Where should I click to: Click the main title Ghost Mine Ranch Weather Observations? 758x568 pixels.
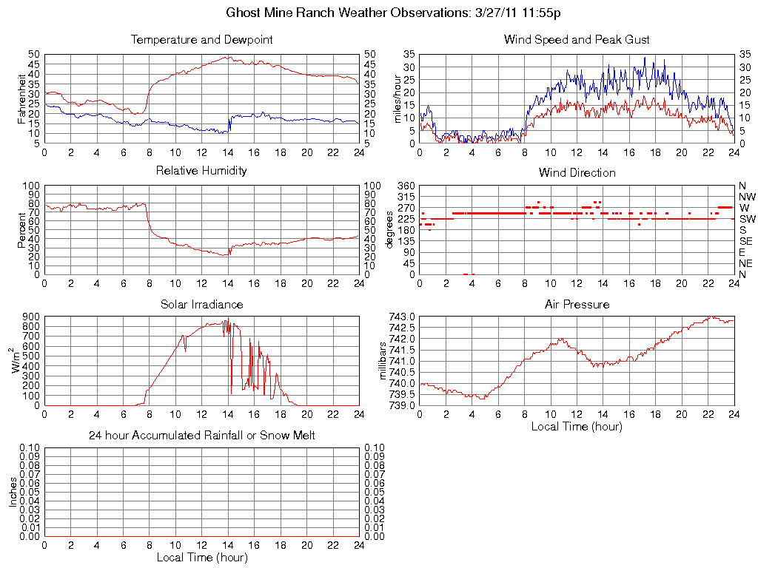[393, 13]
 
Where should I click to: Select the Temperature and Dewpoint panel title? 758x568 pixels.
[201, 39]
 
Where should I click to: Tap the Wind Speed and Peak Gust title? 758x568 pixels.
[577, 39]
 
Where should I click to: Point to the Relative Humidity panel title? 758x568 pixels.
[201, 171]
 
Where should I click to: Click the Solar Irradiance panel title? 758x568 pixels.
[201, 304]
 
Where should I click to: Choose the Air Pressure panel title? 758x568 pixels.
[577, 304]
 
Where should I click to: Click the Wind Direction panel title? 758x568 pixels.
[577, 172]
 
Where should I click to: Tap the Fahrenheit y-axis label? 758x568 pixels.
[22, 98]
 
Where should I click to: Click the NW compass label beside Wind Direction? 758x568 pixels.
[747, 197]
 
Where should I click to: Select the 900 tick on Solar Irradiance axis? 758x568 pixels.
[31, 317]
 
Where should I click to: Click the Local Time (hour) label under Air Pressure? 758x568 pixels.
[577, 426]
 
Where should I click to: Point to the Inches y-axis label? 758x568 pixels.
[13, 492]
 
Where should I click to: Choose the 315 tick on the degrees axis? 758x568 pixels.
[406, 197]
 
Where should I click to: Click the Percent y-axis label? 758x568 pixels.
[22, 229]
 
